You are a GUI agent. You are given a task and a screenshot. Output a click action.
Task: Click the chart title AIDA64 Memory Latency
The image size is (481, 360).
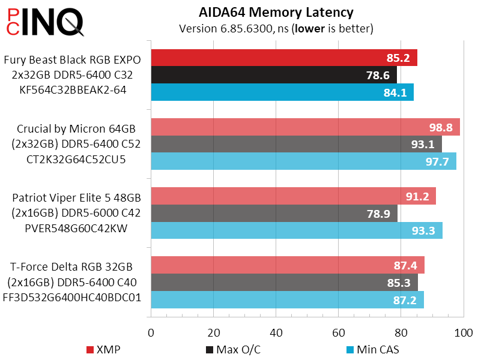[x=276, y=12]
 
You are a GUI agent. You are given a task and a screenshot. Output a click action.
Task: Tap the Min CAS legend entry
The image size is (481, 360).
[x=373, y=349]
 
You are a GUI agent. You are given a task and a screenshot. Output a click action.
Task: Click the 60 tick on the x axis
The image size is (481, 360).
[x=338, y=332]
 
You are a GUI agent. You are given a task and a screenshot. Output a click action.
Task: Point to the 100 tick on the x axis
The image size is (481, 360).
[x=462, y=332]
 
